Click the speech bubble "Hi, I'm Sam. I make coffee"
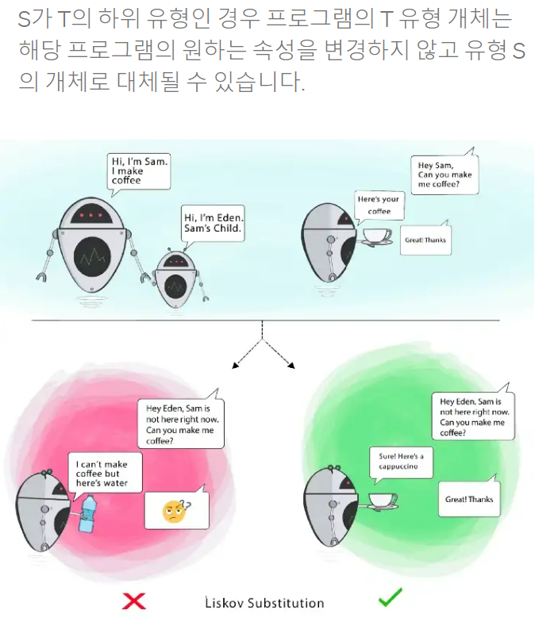click(x=139, y=171)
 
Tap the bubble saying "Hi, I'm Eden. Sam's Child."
click(x=213, y=223)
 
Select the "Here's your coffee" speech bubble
click(x=379, y=205)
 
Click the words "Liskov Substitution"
click(x=264, y=604)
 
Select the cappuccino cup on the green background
click(x=383, y=500)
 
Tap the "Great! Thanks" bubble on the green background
click(x=469, y=500)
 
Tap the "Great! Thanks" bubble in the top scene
click(x=425, y=240)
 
